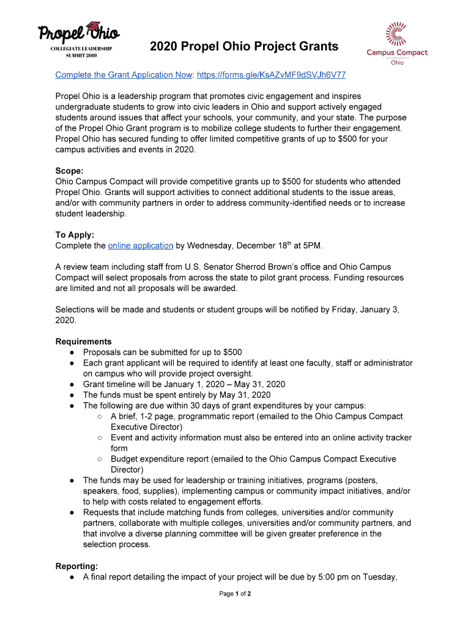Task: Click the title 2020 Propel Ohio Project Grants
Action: [244, 46]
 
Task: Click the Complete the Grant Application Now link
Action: [123, 75]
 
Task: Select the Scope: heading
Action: [70, 171]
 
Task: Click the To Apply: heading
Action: [75, 235]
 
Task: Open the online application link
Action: [140, 246]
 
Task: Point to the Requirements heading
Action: [84, 341]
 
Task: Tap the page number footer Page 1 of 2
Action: [236, 594]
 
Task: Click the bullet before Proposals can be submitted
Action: [72, 352]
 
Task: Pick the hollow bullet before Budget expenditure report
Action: [99, 459]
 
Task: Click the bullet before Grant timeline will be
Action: [72, 385]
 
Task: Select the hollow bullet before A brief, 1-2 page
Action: [99, 416]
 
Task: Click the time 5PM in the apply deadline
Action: [311, 246]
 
